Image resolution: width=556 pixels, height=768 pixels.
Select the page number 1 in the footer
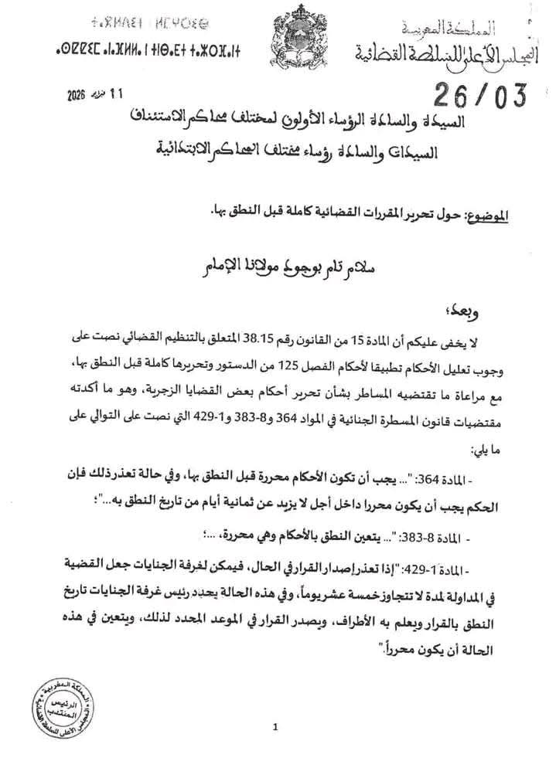click(x=275, y=727)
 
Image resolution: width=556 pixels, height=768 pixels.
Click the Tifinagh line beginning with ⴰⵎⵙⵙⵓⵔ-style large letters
click(x=146, y=53)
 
